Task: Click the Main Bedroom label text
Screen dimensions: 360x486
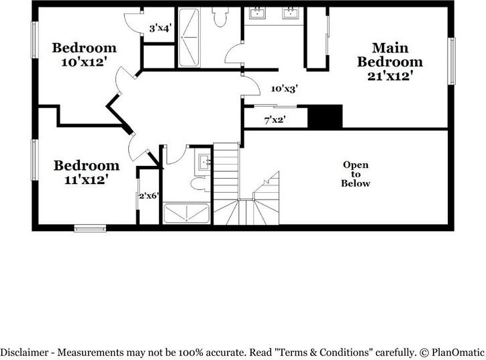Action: (x=389, y=55)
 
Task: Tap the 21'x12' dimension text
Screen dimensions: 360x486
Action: (x=389, y=76)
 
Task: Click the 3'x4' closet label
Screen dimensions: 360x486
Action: (x=160, y=28)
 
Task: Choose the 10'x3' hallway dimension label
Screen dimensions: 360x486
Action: (x=284, y=88)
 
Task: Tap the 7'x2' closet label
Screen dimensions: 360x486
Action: (x=275, y=120)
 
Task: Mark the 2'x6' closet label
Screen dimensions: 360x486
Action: (x=148, y=196)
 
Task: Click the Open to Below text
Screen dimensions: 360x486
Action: (x=356, y=174)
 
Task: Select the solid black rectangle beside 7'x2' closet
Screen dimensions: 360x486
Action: (x=325, y=116)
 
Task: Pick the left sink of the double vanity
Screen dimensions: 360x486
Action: (x=257, y=13)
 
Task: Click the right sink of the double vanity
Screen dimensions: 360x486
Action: (x=291, y=13)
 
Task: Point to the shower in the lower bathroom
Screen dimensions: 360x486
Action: (x=188, y=213)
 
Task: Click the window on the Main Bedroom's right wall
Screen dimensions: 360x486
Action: (x=451, y=60)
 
